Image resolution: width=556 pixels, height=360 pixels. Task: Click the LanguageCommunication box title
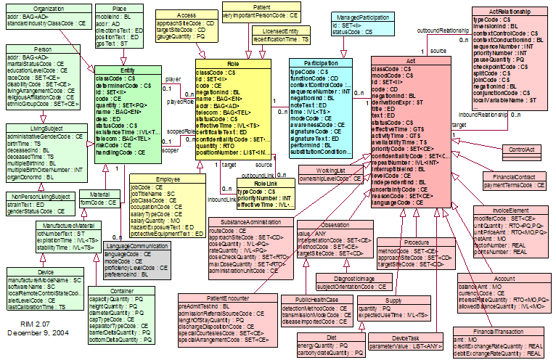pyautogui.click(x=136, y=246)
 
